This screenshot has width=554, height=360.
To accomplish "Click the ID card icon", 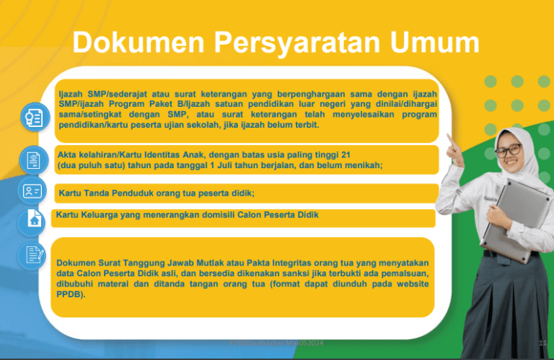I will coord(32,191).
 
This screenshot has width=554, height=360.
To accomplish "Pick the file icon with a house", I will coord(32,219).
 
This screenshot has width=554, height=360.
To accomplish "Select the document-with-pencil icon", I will coord(32,255).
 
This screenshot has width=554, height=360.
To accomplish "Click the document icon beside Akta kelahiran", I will coord(32,159).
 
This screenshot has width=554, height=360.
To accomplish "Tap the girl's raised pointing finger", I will coord(450,137).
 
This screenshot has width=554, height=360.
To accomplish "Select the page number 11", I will coord(542,343).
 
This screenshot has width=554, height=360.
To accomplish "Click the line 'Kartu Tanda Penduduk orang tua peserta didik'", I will coord(157,193).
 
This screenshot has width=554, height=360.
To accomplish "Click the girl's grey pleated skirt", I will coord(505,303).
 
